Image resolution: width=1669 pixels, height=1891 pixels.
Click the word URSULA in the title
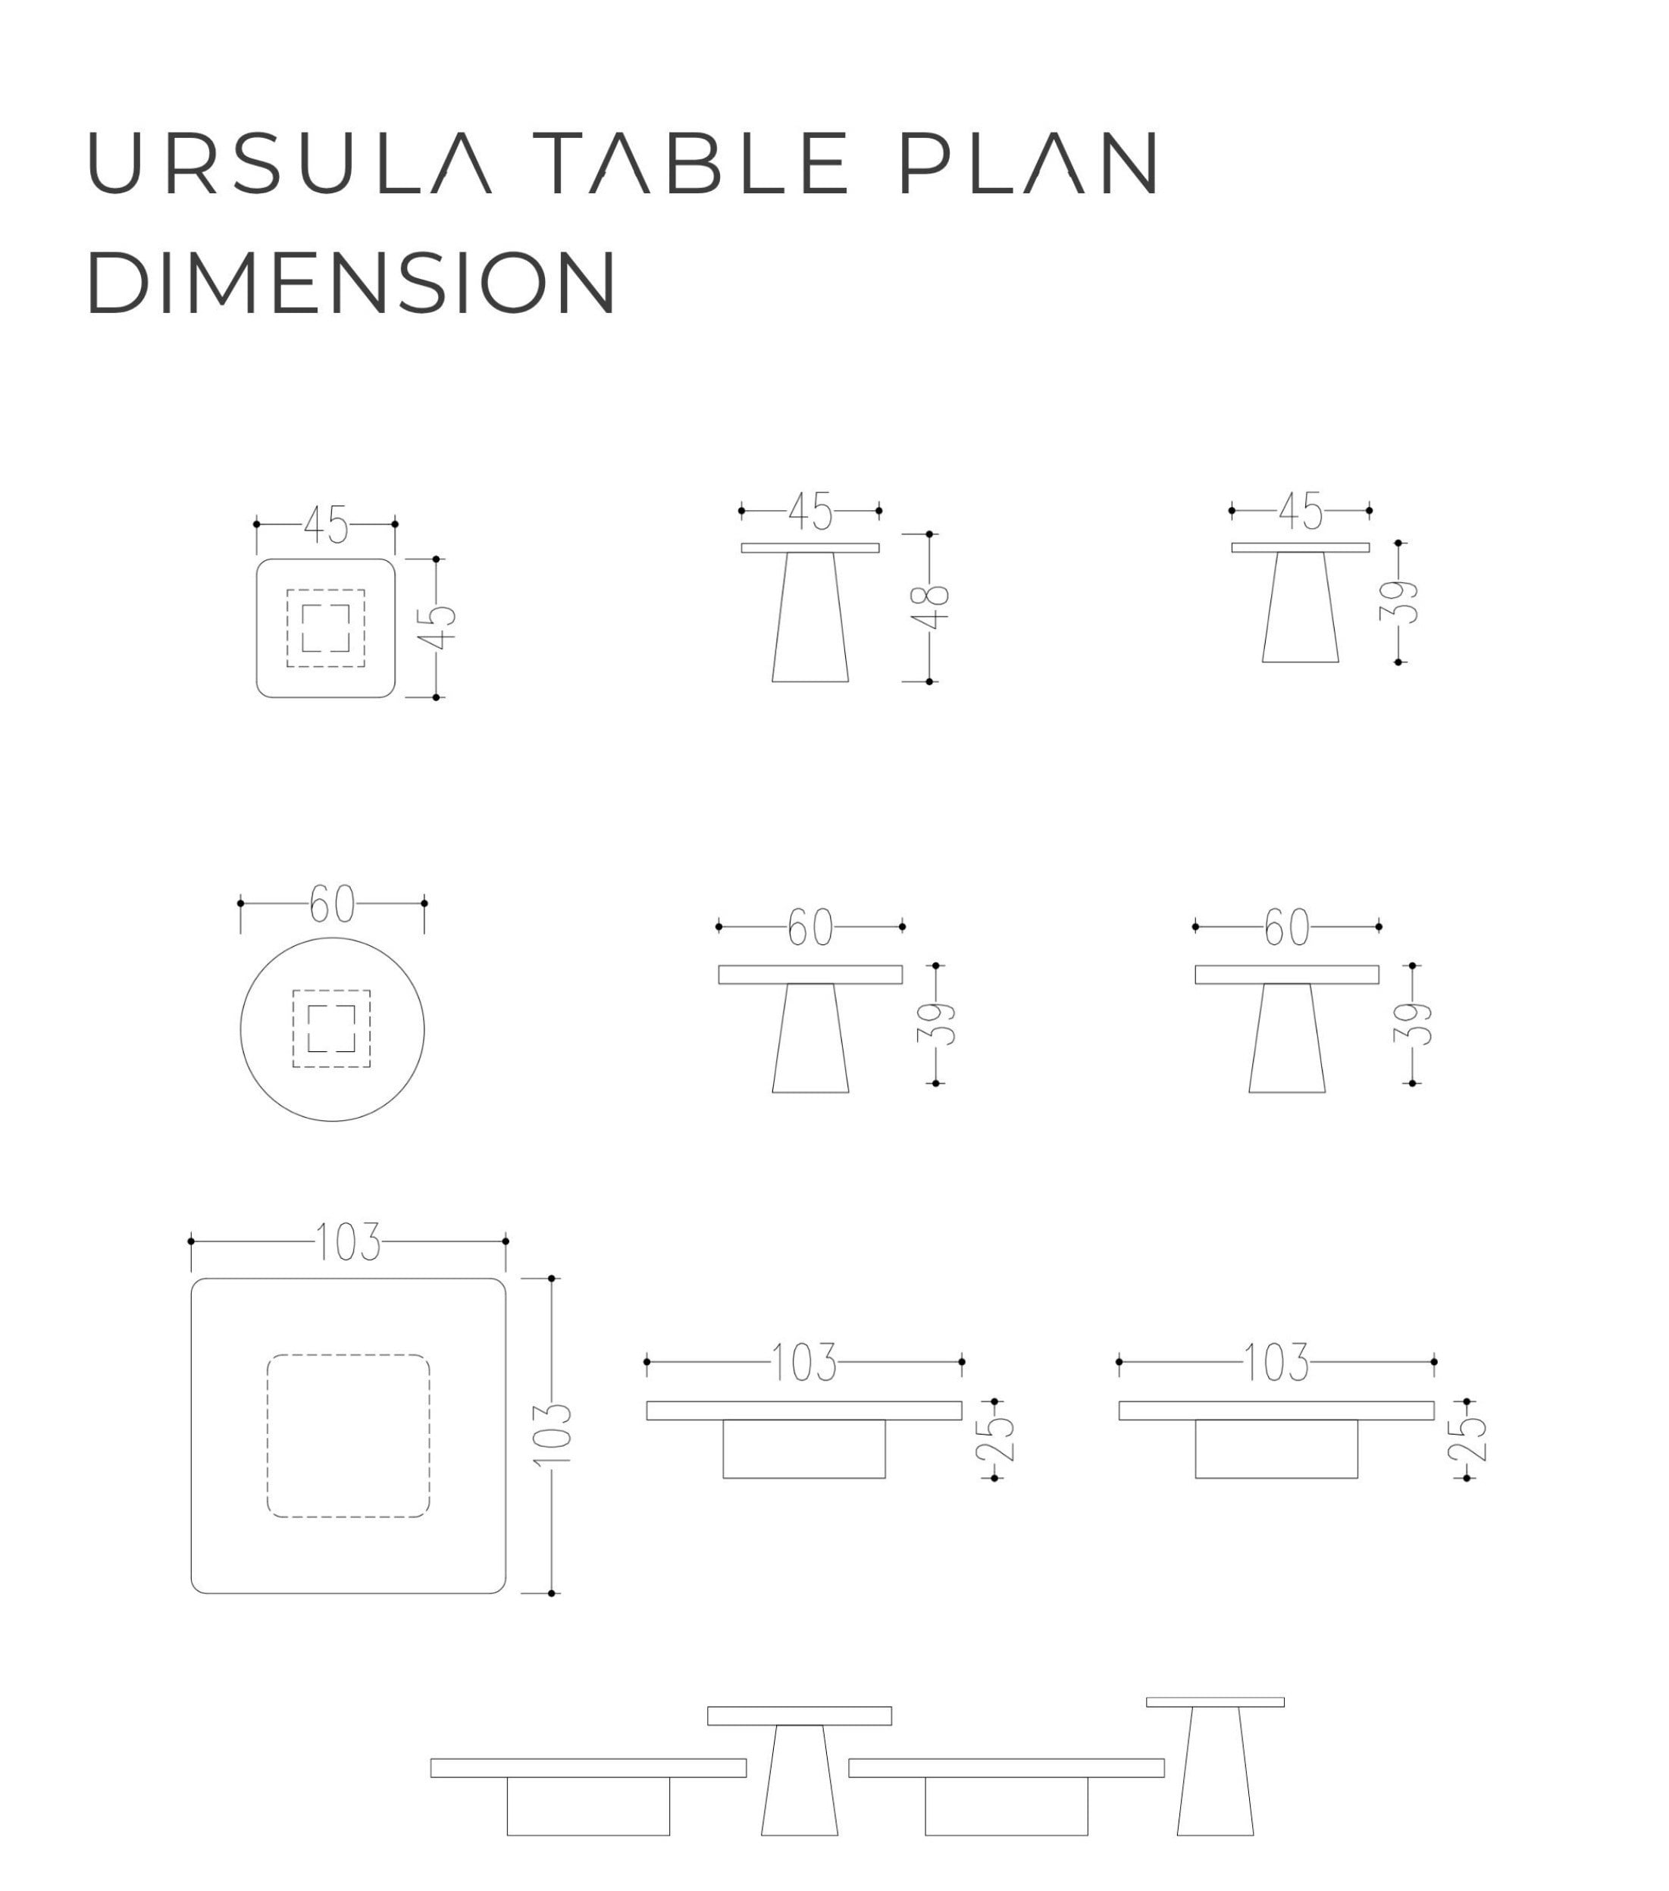point(290,162)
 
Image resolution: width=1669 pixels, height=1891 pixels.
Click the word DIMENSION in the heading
point(352,281)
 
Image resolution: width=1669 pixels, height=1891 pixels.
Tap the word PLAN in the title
point(1029,162)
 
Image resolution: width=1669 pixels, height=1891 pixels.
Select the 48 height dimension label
point(935,607)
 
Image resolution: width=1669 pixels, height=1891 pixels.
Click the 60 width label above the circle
point(331,904)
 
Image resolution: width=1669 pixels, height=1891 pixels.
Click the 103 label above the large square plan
point(348,1241)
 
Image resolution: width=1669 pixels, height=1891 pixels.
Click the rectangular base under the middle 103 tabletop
point(804,1449)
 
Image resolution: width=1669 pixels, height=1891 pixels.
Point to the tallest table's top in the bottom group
point(1215,1702)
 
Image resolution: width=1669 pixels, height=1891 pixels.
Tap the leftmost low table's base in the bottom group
point(588,1807)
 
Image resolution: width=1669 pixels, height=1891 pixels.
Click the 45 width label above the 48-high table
point(810,512)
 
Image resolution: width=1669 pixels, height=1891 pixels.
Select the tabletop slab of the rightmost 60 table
point(1287,974)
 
